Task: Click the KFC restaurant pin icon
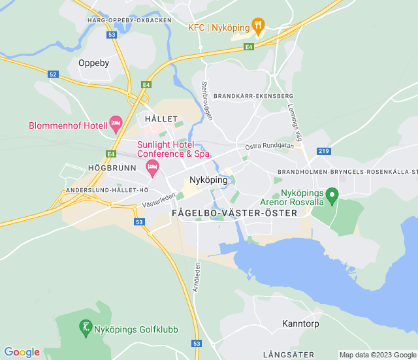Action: [x=258, y=27]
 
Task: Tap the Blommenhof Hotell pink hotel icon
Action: [x=116, y=123]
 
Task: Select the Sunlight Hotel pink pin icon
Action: [x=152, y=169]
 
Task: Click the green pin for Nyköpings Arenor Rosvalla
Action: [x=332, y=195]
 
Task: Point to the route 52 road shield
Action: [x=53, y=74]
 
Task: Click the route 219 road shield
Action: [x=324, y=151]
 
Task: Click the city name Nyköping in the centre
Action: [x=208, y=180]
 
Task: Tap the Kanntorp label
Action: [x=300, y=323]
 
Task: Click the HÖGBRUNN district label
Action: [x=112, y=168]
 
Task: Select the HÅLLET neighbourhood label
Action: [x=161, y=119]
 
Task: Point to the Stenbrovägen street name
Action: [x=207, y=101]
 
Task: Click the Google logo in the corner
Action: [x=22, y=352]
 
